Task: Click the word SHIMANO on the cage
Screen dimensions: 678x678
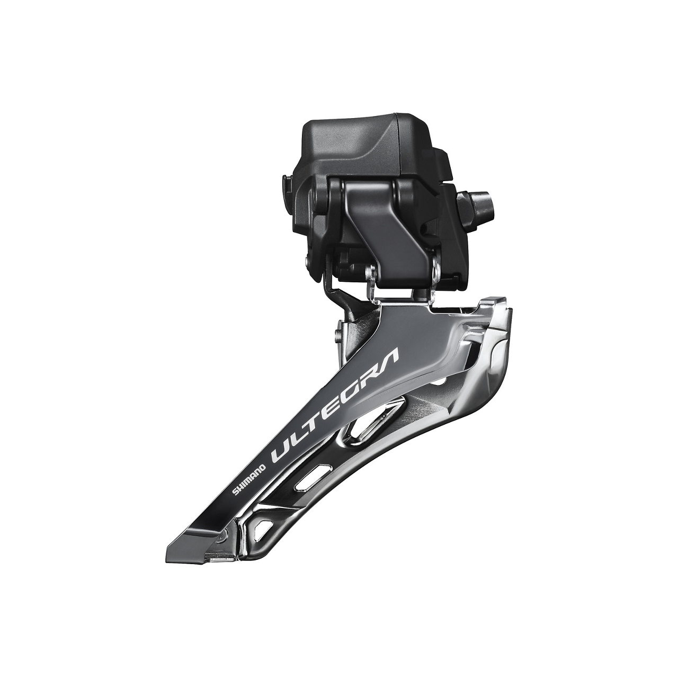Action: coord(248,476)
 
